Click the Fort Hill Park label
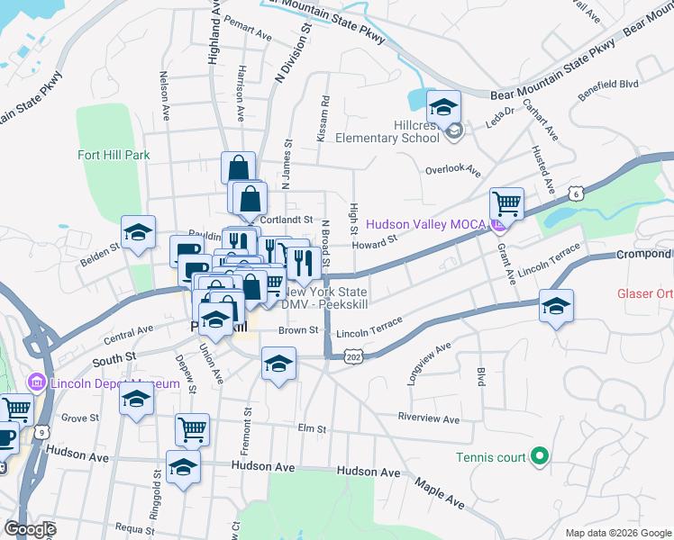113,155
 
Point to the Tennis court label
490,457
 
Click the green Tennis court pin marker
540,457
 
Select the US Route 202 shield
353,356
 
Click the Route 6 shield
577,193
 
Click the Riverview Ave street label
429,418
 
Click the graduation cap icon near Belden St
138,233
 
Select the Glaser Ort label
645,293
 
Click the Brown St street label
298,330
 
